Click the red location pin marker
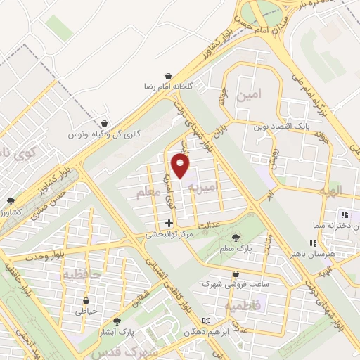point(181,167)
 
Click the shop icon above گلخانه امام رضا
point(169,75)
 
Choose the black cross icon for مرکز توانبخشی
point(168,223)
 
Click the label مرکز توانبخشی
point(165,234)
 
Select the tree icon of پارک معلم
point(236,238)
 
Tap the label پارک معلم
point(239,249)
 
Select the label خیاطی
point(86,309)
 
